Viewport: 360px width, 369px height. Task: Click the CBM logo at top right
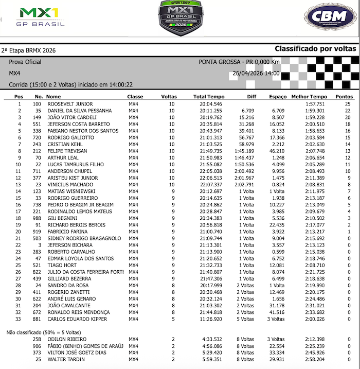click(x=329, y=17)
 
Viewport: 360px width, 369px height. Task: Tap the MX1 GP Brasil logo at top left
click(x=41, y=17)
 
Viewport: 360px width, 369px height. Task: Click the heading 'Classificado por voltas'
click(x=315, y=49)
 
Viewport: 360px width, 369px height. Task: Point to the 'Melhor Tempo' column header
click(x=309, y=97)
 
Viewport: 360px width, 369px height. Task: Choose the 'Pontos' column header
click(x=344, y=97)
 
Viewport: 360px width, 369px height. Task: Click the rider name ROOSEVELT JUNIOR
click(x=70, y=104)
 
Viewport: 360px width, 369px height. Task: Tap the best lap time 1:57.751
click(x=315, y=104)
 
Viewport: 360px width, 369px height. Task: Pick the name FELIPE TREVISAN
click(x=67, y=151)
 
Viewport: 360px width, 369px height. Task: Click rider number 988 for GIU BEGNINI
click(x=37, y=218)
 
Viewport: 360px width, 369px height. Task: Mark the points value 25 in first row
click(x=348, y=104)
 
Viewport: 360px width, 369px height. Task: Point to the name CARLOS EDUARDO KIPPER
click(x=77, y=319)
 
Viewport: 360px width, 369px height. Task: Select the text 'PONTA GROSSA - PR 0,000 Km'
click(x=239, y=62)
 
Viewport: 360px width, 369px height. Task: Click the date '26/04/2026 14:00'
click(x=256, y=74)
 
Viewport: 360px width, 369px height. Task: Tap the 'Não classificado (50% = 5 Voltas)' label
click(x=44, y=332)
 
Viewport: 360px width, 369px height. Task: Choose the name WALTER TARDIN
click(x=66, y=359)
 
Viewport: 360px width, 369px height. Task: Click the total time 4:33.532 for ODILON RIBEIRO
click(x=212, y=339)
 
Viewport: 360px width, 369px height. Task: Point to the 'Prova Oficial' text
click(x=25, y=62)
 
